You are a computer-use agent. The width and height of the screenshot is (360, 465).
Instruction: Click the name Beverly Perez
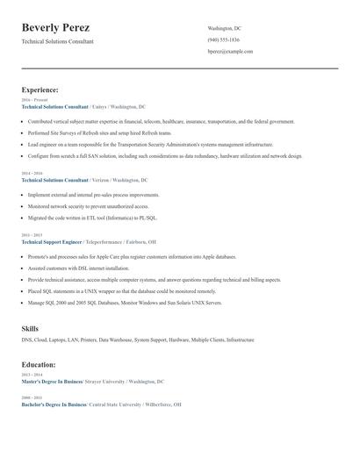[55, 27]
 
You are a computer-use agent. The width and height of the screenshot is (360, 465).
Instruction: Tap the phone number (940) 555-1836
[223, 39]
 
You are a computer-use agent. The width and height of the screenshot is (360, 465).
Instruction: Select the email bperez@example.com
[230, 51]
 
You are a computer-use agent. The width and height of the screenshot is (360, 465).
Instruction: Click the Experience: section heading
[40, 89]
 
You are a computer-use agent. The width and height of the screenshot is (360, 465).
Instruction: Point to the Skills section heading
[30, 328]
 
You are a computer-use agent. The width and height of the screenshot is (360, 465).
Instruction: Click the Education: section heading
[39, 364]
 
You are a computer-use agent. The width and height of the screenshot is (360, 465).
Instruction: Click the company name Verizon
[100, 179]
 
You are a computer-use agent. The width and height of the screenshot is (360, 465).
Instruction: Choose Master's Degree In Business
[51, 382]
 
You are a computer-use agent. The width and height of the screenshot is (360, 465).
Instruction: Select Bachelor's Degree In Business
[54, 404]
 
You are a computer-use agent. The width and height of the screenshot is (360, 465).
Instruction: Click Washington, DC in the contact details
[224, 28]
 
